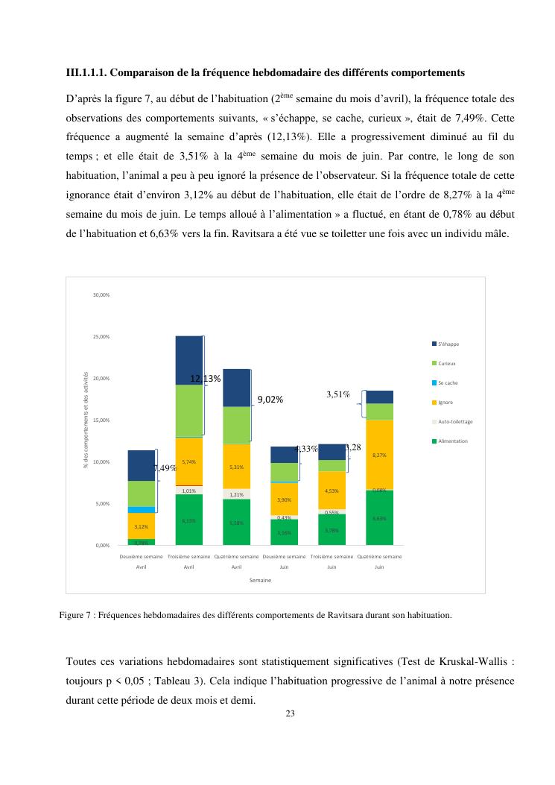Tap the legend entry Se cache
pyautogui.click(x=447, y=382)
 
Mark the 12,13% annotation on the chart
pyautogui.click(x=205, y=379)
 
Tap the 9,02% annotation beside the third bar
pyautogui.click(x=270, y=400)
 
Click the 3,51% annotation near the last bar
pyautogui.click(x=338, y=394)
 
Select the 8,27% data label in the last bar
pyautogui.click(x=379, y=455)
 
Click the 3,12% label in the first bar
pyautogui.click(x=141, y=526)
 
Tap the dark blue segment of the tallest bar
pyautogui.click(x=188, y=360)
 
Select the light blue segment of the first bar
pyautogui.click(x=141, y=510)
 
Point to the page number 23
pyautogui.click(x=290, y=713)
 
